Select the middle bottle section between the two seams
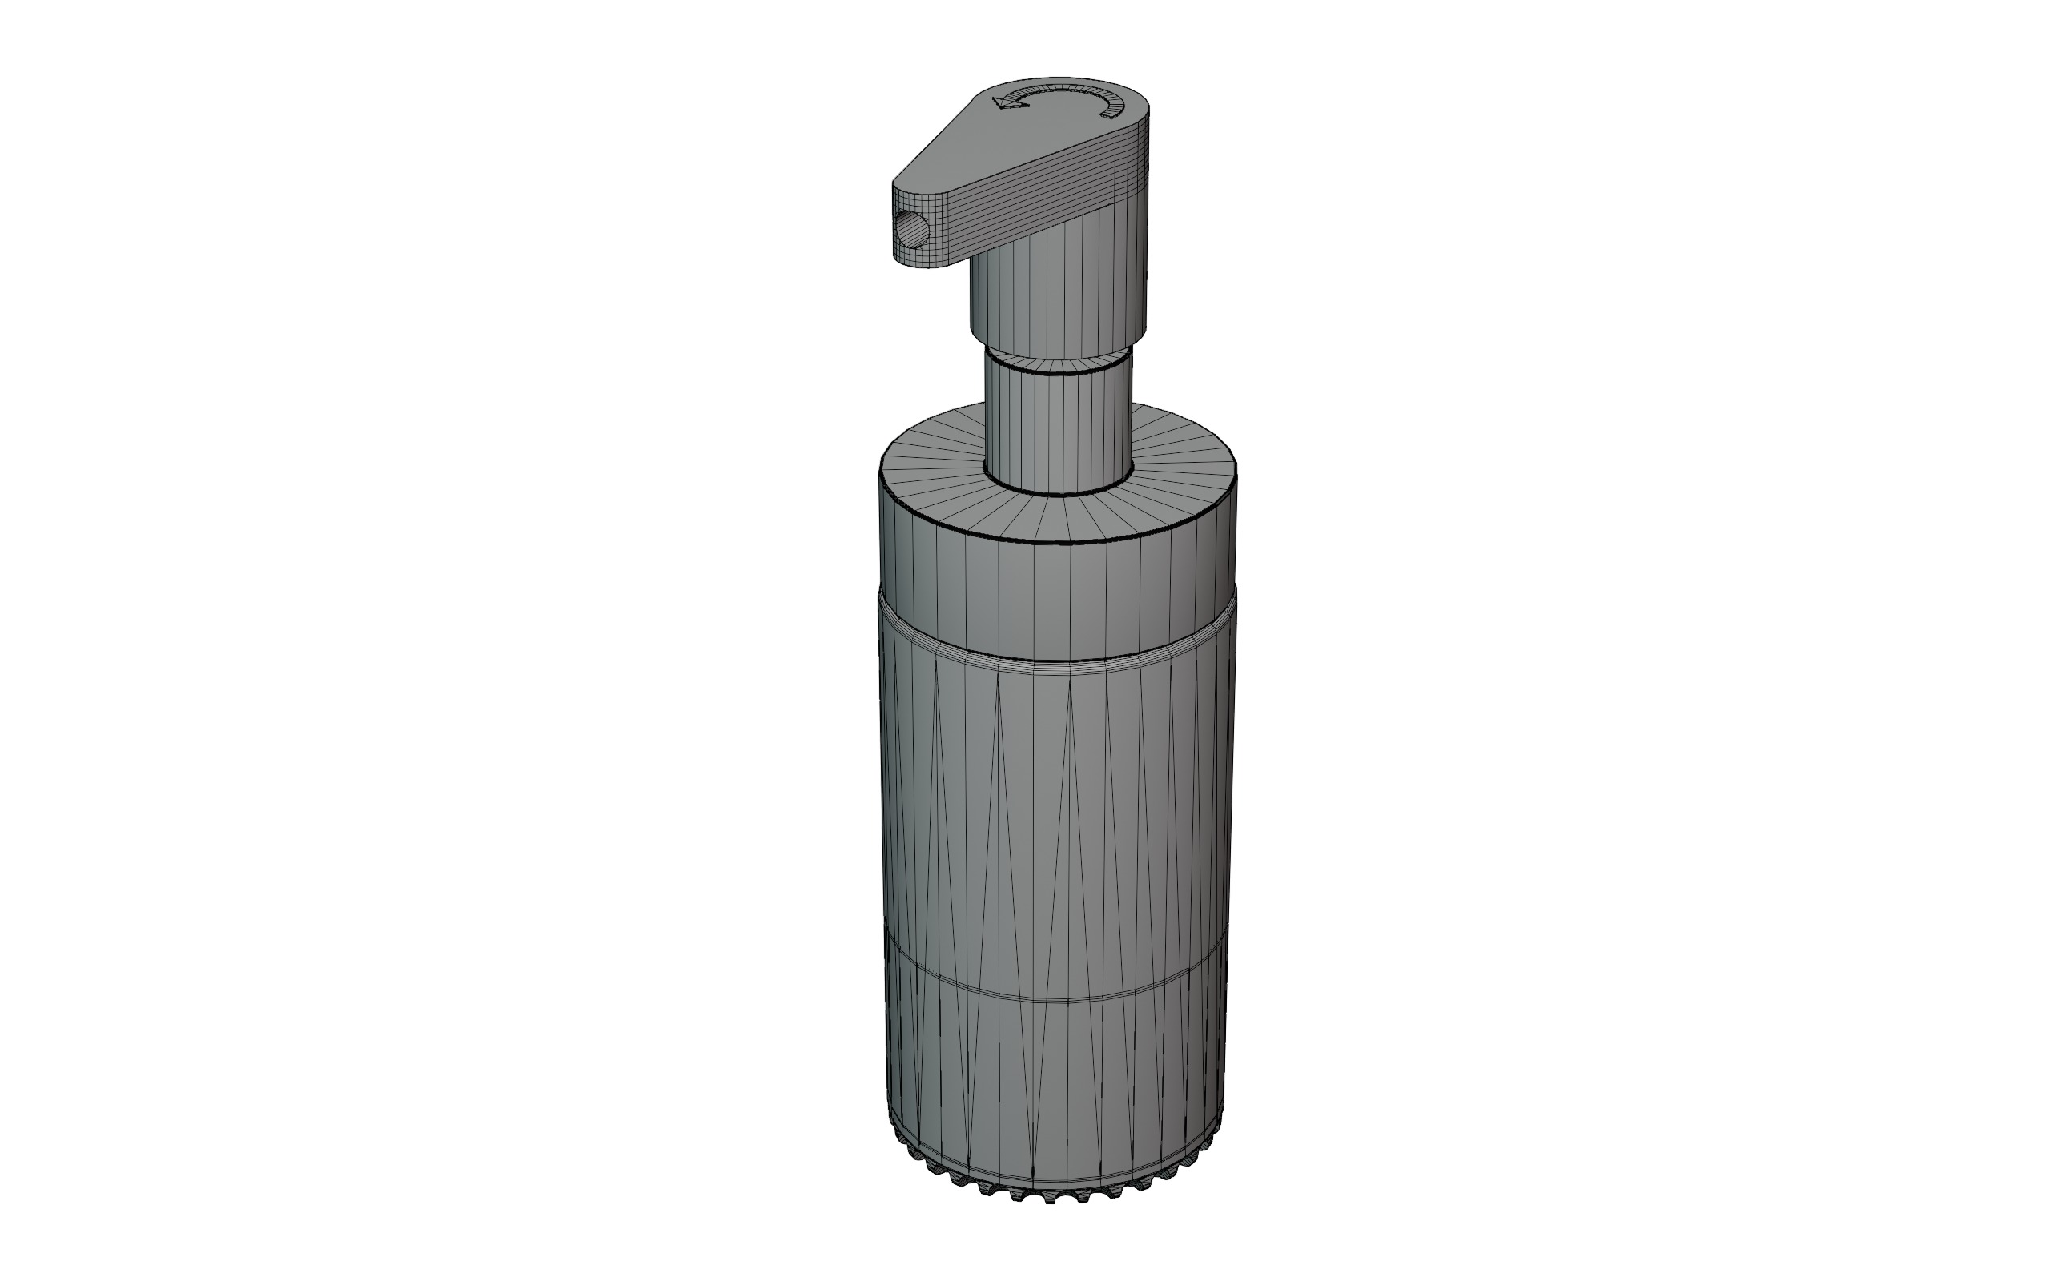[1059, 821]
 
